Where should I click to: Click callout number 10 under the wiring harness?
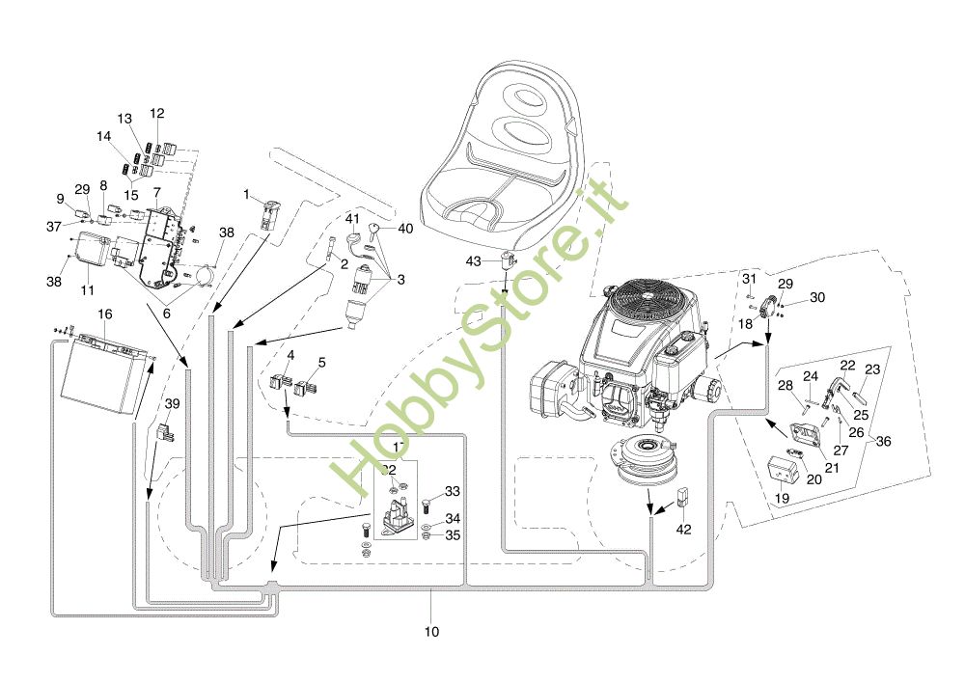pos(431,633)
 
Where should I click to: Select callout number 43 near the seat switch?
pos(473,261)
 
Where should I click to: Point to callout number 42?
pos(684,530)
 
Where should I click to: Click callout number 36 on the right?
pos(883,441)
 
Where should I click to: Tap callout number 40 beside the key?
pos(405,229)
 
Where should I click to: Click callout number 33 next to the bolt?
pos(453,492)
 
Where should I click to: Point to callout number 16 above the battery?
pos(105,314)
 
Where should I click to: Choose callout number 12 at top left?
pos(157,113)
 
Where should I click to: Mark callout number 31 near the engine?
pos(749,280)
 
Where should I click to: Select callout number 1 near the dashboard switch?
pos(246,195)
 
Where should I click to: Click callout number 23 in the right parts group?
pos(872,369)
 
